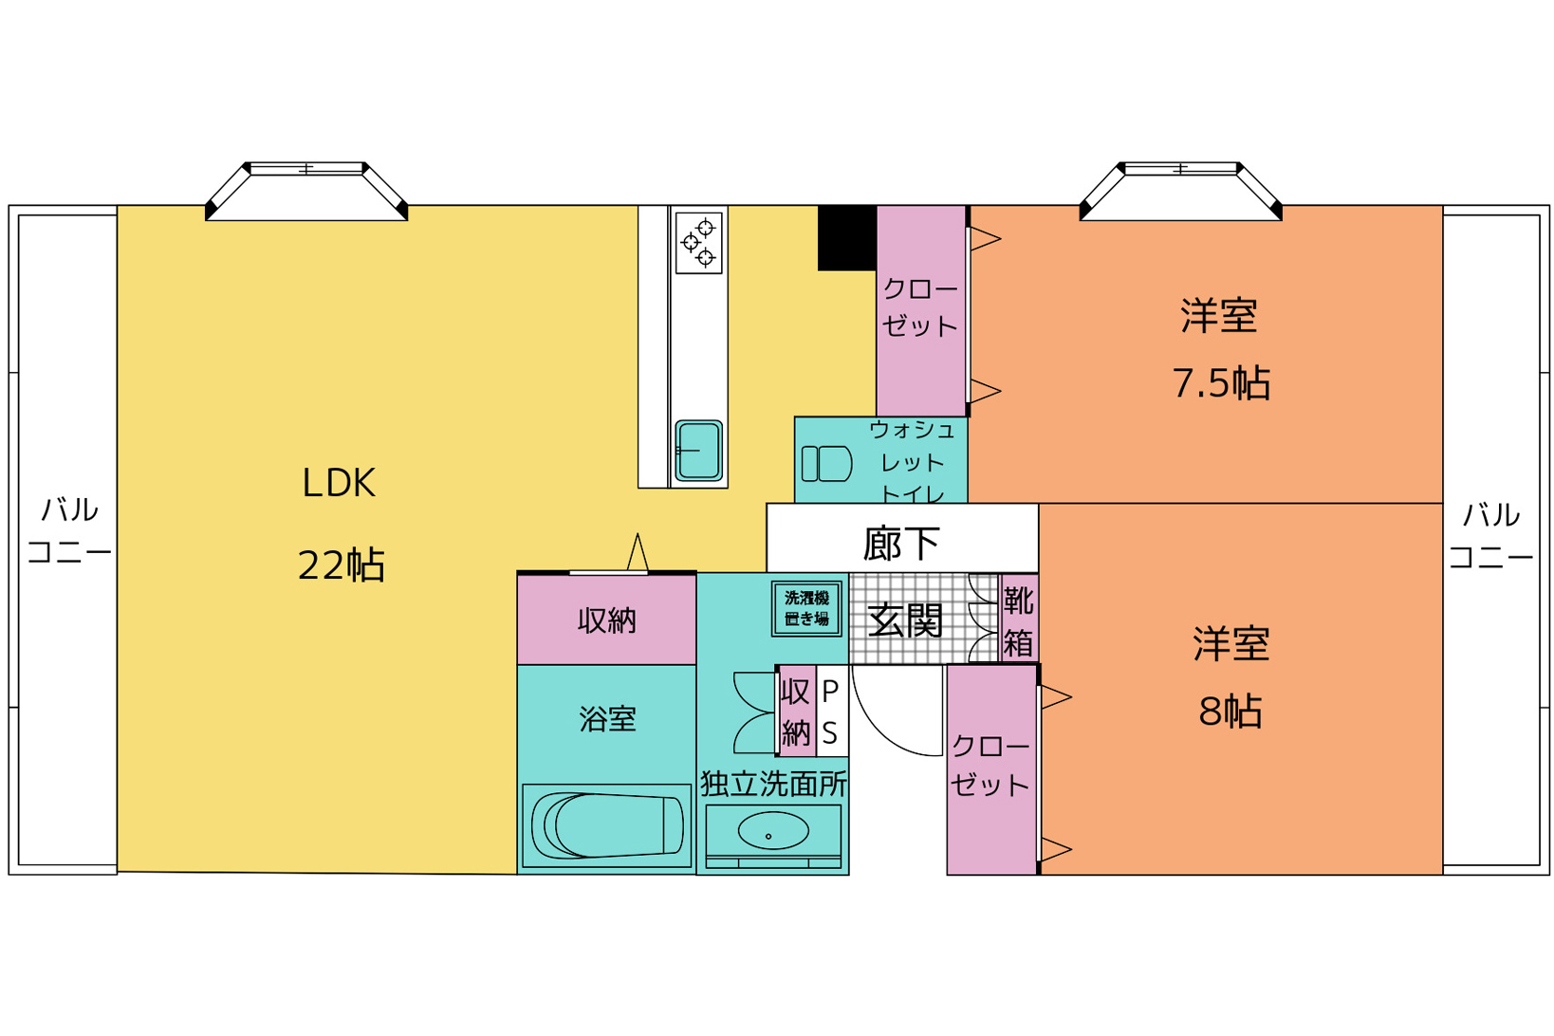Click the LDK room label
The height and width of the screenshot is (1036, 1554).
(x=339, y=483)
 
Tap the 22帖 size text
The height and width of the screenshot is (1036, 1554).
(x=341, y=564)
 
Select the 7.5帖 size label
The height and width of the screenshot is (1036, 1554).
(x=1221, y=383)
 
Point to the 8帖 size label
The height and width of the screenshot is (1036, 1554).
(x=1230, y=711)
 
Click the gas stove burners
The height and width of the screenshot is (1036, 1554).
(x=698, y=242)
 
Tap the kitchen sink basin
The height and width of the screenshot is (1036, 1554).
(x=698, y=451)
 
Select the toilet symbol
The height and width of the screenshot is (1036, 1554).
(x=826, y=464)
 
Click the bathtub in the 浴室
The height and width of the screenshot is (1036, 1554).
(x=606, y=825)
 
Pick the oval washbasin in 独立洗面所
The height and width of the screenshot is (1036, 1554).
(x=773, y=831)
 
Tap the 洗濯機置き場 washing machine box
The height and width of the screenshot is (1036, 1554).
(x=806, y=608)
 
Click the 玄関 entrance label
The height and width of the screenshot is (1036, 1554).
(x=905, y=620)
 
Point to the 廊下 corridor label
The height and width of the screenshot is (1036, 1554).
(x=901, y=544)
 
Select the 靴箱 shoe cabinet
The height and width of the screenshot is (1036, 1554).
(x=1018, y=619)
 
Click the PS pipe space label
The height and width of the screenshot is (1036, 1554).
(x=830, y=712)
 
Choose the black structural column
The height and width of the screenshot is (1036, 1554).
(x=847, y=238)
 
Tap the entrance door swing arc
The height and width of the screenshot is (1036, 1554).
(x=883, y=735)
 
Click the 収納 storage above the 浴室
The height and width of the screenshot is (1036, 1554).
(x=606, y=619)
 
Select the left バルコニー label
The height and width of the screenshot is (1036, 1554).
(x=69, y=531)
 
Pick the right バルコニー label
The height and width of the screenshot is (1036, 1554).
(x=1490, y=535)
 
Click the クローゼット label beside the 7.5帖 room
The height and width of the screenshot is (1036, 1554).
(x=920, y=307)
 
